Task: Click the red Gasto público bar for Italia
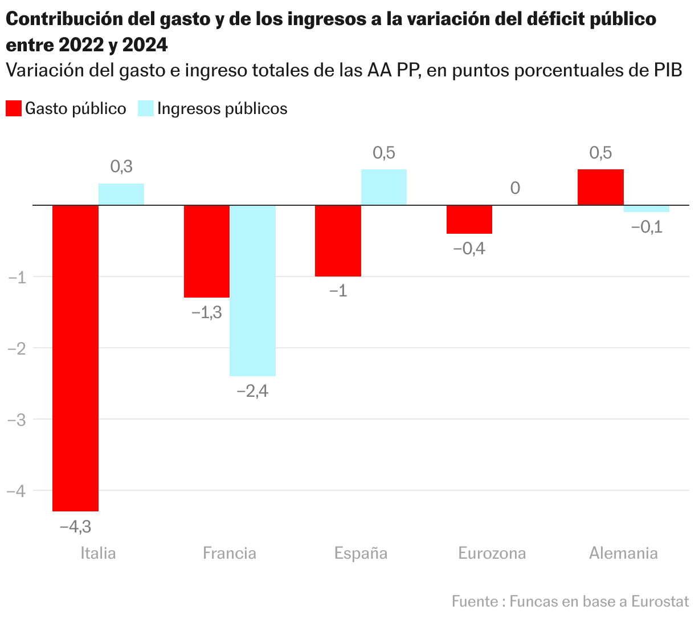(75, 357)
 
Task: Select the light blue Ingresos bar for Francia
(252, 290)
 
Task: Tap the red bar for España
(338, 241)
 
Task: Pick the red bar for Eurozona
(469, 219)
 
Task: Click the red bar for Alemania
(600, 187)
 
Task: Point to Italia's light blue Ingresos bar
(121, 194)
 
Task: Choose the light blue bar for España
(384, 187)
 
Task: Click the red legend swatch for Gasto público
(14, 108)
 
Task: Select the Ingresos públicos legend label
(222, 108)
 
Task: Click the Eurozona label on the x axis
(492, 553)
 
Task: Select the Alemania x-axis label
(623, 553)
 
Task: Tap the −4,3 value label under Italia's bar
(75, 526)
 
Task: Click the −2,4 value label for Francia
(252, 391)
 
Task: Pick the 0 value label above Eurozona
(515, 188)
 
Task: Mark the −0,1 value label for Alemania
(647, 227)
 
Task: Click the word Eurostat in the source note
(660, 601)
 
